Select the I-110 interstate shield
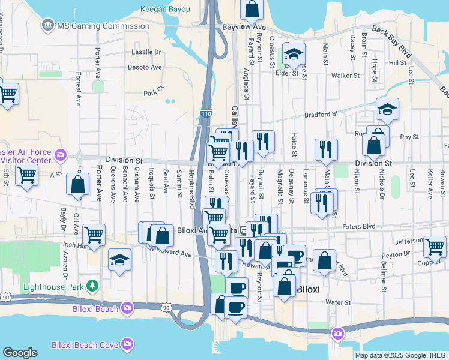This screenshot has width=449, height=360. click(x=206, y=112)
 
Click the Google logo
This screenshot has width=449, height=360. click(x=20, y=353)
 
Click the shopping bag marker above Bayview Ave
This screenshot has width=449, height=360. click(x=252, y=8)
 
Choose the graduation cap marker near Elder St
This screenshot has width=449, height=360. click(x=294, y=55)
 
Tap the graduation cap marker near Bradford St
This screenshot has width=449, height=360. click(x=387, y=109)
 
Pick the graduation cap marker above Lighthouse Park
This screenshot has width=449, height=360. click(x=119, y=260)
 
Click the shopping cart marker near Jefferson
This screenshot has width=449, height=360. click(x=435, y=246)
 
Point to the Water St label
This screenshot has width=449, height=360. click(x=338, y=302)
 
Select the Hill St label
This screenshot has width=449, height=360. click(x=397, y=62)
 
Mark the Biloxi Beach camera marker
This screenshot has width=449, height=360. click(x=127, y=308)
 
